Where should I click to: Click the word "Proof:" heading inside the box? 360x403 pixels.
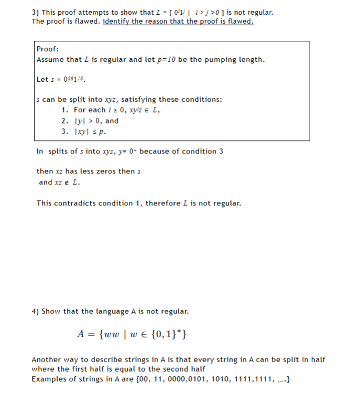47,49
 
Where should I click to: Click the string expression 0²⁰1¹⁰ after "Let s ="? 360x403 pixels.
73,80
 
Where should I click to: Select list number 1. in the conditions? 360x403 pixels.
64,110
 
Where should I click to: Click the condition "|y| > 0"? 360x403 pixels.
89,121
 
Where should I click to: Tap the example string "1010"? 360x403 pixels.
227,379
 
